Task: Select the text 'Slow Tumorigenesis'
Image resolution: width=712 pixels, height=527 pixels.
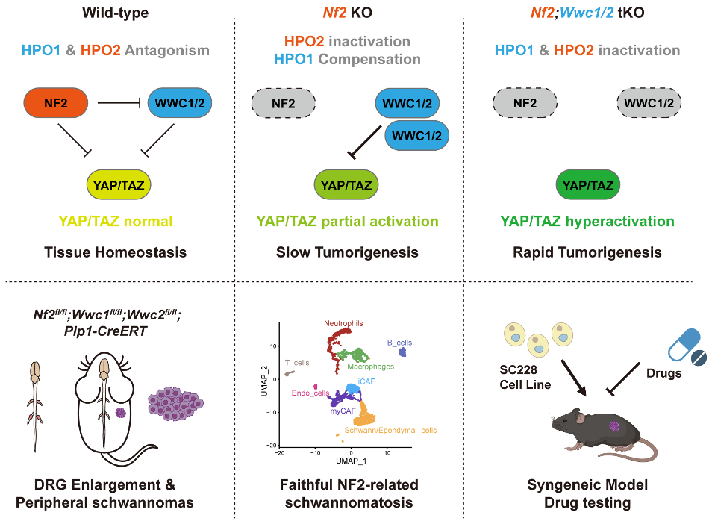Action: coord(348,252)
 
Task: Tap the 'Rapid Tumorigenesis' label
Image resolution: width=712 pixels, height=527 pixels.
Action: coord(587,252)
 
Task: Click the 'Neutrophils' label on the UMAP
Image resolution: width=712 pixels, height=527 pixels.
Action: coord(343,324)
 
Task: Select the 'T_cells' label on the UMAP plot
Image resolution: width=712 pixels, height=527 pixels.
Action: coord(298,362)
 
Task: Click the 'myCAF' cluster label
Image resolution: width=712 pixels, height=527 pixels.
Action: coord(343,411)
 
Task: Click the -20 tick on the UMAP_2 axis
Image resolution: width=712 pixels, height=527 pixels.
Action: coord(272,445)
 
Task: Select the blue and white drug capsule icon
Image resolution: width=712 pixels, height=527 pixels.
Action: coord(683,347)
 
